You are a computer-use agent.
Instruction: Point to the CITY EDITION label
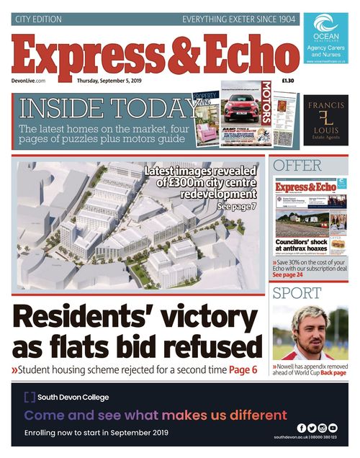[x=39, y=19]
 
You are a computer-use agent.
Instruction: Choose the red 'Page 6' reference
[x=243, y=370]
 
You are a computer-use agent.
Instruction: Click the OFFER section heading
[x=297, y=166]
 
